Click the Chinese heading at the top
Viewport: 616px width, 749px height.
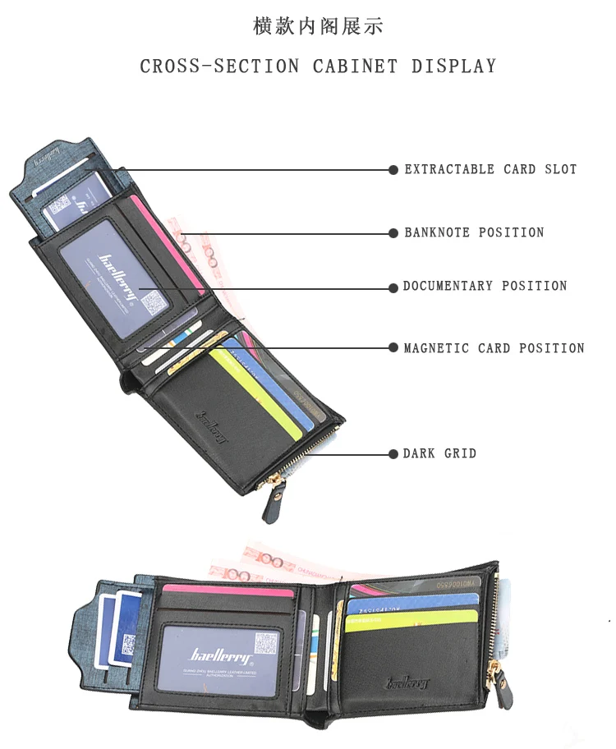(318, 26)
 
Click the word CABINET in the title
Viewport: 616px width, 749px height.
(353, 67)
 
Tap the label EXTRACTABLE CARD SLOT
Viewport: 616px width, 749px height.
(490, 170)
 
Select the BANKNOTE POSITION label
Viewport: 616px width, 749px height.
(474, 233)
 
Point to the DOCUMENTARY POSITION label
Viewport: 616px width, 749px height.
(485, 287)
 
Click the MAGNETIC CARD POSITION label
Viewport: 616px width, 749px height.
(494, 348)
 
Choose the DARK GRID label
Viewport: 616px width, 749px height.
(439, 453)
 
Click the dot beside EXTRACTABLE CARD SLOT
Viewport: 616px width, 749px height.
(393, 170)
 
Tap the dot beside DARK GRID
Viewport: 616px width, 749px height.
(393, 453)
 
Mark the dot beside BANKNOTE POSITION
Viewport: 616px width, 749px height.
(393, 233)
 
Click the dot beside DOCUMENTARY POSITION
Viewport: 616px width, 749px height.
(393, 287)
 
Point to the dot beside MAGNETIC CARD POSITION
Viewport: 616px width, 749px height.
(393, 348)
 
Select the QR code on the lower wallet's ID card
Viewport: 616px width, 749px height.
(263, 641)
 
